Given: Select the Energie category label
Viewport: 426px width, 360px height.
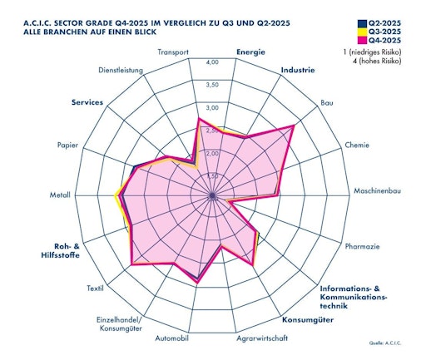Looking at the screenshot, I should (250, 52).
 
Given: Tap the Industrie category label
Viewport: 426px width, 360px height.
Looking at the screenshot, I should (298, 70).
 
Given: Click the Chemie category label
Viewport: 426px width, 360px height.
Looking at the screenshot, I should (357, 145).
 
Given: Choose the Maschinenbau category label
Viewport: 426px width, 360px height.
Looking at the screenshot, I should (378, 192).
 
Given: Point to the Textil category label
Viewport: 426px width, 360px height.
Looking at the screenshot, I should (95, 288).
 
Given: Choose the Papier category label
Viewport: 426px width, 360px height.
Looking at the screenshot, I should (68, 145).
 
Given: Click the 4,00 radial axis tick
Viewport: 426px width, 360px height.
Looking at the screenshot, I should (212, 62).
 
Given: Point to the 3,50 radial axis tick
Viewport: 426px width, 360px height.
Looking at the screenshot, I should (212, 85).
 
